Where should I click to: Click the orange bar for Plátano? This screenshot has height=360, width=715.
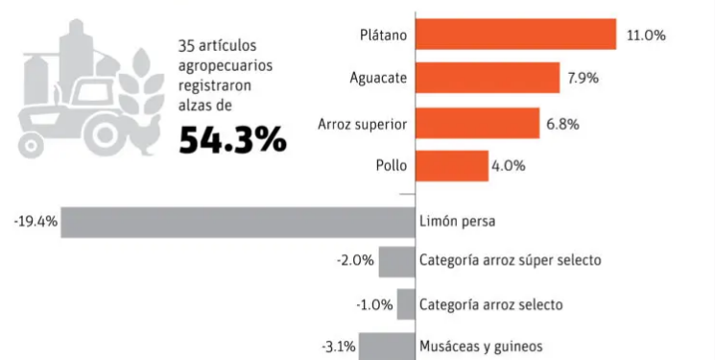pyautogui.click(x=515, y=35)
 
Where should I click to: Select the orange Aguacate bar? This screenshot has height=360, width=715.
pyautogui.click(x=488, y=79)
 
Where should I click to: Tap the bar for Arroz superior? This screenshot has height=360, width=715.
pyautogui.click(x=477, y=123)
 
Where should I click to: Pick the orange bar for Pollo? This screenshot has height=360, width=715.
pyautogui.click(x=452, y=166)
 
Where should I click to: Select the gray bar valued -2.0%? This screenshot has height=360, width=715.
pyautogui.click(x=395, y=261)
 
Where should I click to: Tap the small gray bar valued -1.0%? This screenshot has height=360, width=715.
pyautogui.click(x=405, y=304)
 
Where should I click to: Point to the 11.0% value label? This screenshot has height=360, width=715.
pyautogui.click(x=646, y=35)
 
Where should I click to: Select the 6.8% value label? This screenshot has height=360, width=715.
pyautogui.click(x=563, y=123)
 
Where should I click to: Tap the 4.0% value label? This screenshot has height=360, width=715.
pyautogui.click(x=508, y=166)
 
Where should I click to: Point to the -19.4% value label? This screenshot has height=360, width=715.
pyautogui.click(x=36, y=222)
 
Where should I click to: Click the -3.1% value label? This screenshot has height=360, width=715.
pyautogui.click(x=338, y=346)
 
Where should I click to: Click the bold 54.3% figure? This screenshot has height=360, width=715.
pyautogui.click(x=232, y=140)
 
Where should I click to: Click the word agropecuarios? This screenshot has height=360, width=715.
pyautogui.click(x=225, y=65)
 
